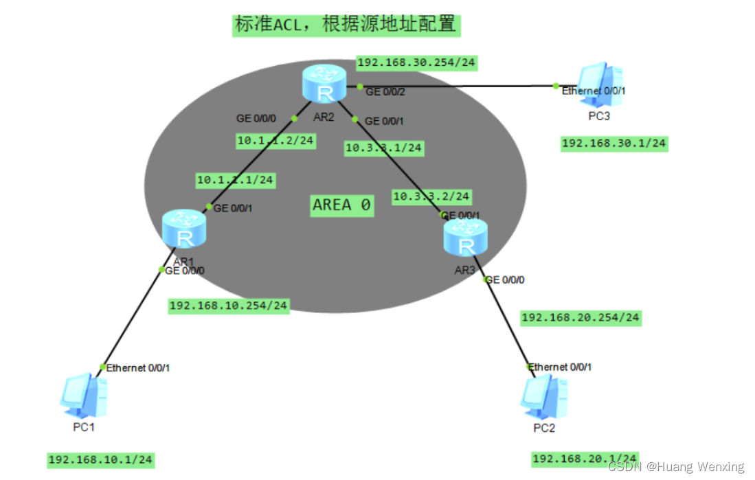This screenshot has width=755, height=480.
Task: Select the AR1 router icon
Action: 184,231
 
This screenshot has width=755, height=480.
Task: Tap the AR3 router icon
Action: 466,238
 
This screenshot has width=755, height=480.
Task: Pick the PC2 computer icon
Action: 543,396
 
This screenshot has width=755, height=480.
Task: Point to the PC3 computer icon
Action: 600,85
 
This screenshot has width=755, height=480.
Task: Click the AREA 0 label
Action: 342,205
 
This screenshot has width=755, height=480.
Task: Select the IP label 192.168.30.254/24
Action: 416,63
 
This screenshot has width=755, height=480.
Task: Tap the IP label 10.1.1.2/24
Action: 275,141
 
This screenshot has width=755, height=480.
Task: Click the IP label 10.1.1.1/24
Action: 236,181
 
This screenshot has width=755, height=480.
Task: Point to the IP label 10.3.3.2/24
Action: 431,196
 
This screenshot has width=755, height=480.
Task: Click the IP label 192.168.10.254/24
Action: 229,306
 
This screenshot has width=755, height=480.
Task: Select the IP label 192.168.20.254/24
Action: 581,317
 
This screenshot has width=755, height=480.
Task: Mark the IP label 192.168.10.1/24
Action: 100,459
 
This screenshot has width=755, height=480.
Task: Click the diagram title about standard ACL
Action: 346,25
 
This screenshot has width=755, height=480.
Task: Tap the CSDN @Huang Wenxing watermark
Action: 676,467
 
